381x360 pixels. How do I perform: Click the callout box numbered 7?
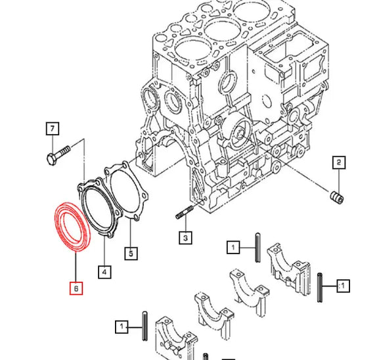point(53,129)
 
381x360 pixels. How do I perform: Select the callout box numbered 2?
point(338,163)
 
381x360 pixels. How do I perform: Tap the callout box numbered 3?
point(186,237)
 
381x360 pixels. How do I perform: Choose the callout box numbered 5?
point(131,252)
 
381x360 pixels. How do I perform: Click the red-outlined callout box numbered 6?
point(76,288)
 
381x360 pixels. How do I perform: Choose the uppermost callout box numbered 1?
point(233,247)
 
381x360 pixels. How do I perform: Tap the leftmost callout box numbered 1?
point(122,326)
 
